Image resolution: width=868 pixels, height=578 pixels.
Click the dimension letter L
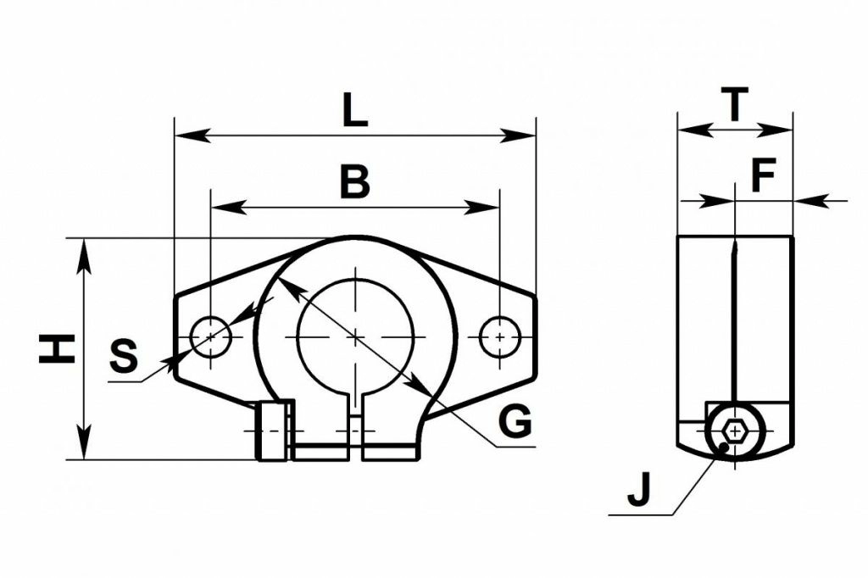coord(355,111)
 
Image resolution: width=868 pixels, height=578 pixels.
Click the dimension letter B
coord(355,181)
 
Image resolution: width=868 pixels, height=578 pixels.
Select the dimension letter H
coord(57,348)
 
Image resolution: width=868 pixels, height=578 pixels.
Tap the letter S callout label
coord(124,357)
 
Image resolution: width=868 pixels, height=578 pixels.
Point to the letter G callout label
coord(514,421)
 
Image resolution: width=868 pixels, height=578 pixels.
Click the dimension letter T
coord(734,105)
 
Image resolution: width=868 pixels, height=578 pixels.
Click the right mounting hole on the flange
coord(499,337)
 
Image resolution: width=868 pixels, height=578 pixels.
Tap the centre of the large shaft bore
coord(355,336)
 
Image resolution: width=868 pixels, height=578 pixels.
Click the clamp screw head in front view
coord(272,432)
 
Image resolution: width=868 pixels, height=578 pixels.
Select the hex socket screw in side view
coord(734,432)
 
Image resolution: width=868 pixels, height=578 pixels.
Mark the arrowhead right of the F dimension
coord(805,200)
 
